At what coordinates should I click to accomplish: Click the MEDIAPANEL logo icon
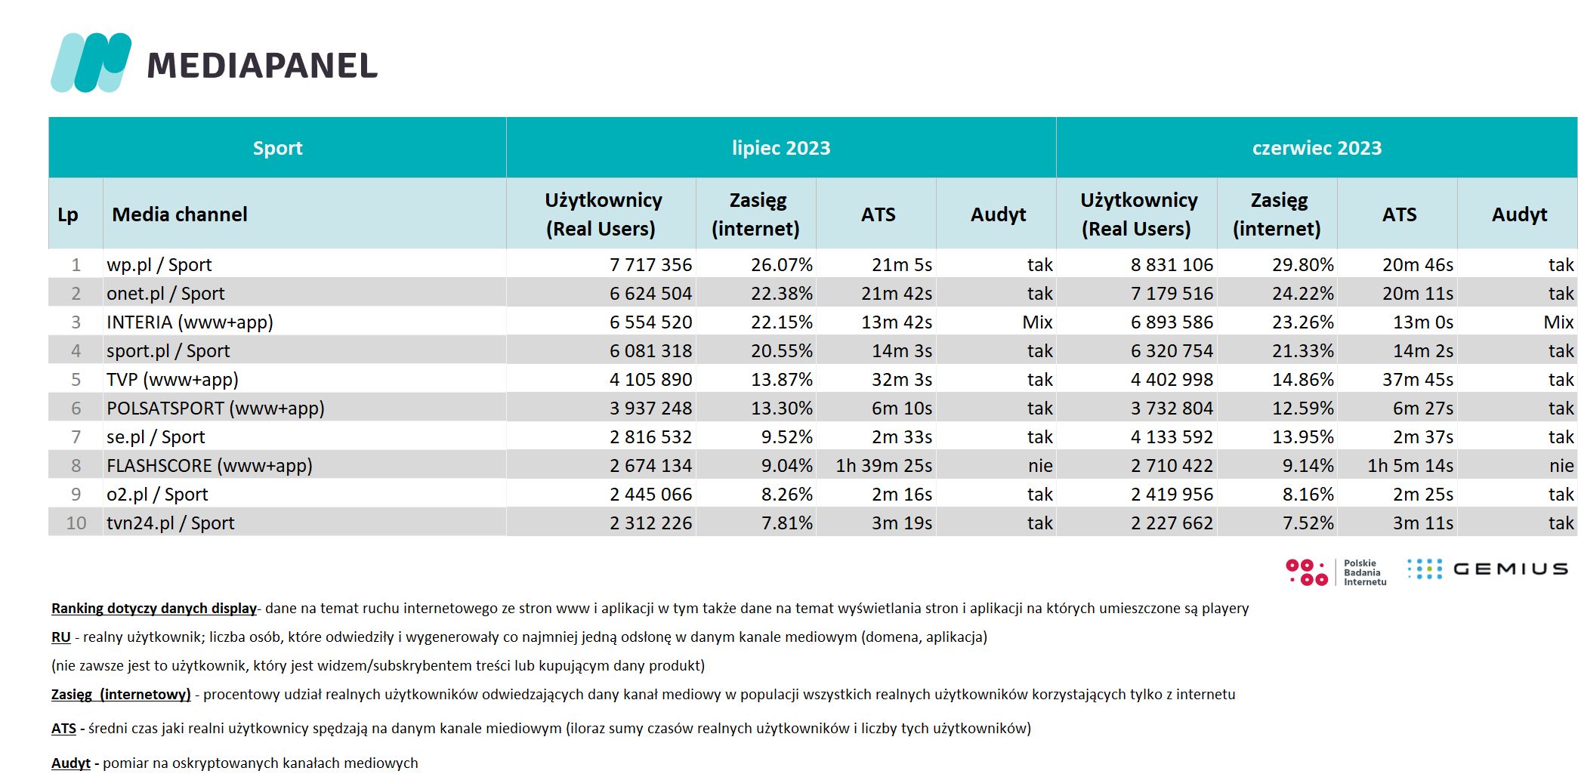(91, 63)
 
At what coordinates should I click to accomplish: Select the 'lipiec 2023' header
(781, 148)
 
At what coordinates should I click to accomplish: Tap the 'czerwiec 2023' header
(1317, 148)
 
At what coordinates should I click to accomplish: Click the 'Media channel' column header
(180, 214)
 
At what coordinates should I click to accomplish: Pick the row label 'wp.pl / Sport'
(159, 265)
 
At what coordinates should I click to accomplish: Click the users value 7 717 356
(650, 265)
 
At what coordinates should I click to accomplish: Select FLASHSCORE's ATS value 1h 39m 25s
(884, 466)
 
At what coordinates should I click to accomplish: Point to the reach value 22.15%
(782, 322)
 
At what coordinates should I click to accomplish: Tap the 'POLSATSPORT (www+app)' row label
(215, 409)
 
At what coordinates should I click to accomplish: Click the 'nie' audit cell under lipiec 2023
(1040, 466)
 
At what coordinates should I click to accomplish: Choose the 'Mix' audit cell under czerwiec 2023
(1558, 322)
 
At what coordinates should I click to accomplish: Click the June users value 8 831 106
(1172, 265)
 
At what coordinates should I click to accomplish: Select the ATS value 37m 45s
(1418, 380)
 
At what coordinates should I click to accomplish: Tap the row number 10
(76, 523)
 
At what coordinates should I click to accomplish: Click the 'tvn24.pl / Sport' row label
(171, 523)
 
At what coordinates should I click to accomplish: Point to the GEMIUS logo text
(1510, 569)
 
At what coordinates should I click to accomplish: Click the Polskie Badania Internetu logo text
(1365, 572)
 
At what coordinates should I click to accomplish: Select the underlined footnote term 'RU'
(61, 637)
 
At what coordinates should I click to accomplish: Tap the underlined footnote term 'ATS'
(63, 729)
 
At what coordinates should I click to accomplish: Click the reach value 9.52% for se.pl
(787, 437)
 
